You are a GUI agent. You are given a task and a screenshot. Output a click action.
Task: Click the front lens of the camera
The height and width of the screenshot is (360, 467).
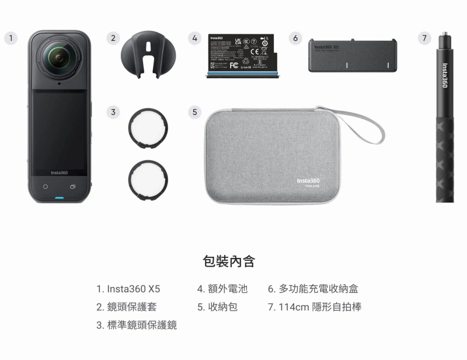(58, 58)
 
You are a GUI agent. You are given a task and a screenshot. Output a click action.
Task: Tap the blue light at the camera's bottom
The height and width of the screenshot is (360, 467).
(59, 198)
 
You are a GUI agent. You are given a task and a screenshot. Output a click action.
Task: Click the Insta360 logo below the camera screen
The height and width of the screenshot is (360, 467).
(59, 173)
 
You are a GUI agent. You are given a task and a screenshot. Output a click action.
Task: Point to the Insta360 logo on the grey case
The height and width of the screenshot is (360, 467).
(308, 181)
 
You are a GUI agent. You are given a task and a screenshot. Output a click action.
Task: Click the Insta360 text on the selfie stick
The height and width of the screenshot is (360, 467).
(445, 75)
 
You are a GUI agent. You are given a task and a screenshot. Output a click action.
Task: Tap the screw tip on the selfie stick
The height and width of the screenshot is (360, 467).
(444, 36)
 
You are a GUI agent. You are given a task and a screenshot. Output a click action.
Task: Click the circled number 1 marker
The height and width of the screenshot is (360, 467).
(9, 38)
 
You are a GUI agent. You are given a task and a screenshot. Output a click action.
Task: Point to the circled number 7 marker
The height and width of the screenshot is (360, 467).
(424, 38)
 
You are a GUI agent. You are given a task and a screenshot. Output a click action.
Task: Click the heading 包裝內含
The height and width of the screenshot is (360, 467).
(229, 261)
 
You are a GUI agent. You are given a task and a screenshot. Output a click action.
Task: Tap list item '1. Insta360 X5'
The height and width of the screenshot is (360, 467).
(128, 289)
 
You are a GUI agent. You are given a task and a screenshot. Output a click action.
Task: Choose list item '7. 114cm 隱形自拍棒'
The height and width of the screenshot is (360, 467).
(314, 307)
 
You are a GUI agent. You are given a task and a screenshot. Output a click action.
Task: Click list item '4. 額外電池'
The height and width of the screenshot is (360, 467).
(222, 289)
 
